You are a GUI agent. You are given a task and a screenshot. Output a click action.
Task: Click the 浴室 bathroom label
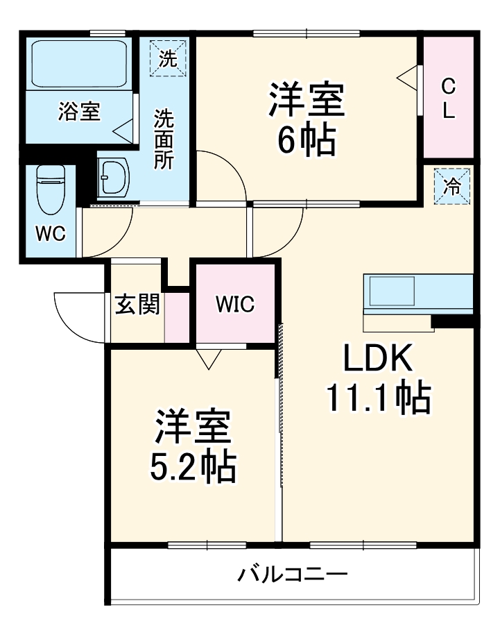click(x=79, y=112)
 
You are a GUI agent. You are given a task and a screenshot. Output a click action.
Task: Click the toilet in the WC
click(x=50, y=189)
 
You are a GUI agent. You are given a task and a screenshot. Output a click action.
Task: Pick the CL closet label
click(x=449, y=98)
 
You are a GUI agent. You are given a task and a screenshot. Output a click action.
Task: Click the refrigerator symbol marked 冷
click(x=452, y=186)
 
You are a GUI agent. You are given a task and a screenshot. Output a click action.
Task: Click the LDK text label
click(x=379, y=359)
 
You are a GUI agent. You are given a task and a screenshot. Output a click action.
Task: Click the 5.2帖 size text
click(x=193, y=468)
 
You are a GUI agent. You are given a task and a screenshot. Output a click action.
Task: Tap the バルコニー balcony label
click(x=293, y=575)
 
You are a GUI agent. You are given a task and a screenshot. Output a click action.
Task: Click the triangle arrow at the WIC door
click(x=208, y=358)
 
